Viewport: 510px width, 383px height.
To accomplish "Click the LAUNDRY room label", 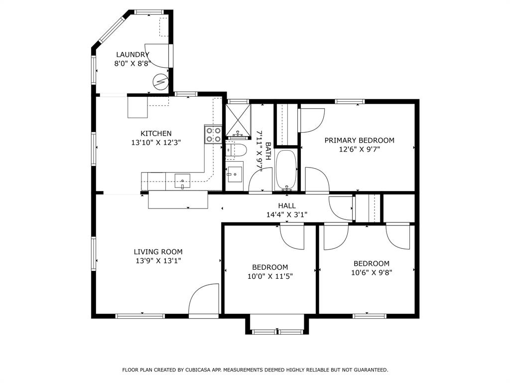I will (132, 54).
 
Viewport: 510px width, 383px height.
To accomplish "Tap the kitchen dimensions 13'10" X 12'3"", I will (156, 142).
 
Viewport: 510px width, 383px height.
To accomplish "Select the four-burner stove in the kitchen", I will (213, 135).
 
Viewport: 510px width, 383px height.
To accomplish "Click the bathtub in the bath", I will (286, 170).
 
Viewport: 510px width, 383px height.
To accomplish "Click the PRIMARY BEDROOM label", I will (359, 140).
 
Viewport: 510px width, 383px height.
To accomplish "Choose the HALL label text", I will (287, 205).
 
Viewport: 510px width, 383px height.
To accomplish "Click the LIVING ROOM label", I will (158, 252).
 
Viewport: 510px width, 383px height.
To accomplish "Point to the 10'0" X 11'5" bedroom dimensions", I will (269, 276).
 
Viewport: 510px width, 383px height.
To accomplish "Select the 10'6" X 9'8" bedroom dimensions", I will (371, 272).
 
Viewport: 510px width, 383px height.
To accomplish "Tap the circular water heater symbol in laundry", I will (160, 81).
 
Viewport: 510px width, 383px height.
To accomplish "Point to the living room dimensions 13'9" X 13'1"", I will (158, 261).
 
